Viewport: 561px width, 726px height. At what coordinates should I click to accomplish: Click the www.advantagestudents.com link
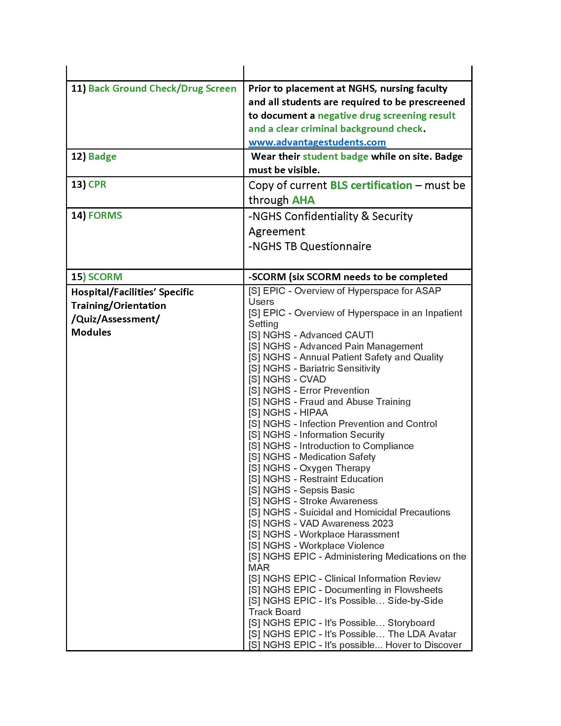(x=317, y=142)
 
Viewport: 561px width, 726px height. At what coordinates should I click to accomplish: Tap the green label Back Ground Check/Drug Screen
(x=162, y=88)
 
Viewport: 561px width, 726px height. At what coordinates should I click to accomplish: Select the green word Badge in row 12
(x=102, y=156)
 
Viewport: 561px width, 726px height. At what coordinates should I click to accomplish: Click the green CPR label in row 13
(x=97, y=184)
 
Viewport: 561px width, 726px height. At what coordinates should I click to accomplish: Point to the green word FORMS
(x=105, y=215)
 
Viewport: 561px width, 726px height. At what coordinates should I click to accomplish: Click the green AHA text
(x=303, y=200)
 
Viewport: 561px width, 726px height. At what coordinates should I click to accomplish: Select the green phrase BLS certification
(x=371, y=185)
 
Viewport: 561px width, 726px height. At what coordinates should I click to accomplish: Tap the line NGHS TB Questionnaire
(x=310, y=246)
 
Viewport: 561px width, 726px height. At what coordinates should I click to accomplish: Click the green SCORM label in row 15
(x=105, y=277)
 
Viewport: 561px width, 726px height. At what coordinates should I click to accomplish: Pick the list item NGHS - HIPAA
(x=288, y=412)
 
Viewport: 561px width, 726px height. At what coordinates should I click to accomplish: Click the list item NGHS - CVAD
(x=287, y=379)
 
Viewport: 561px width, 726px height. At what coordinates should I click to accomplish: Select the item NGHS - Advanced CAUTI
(x=311, y=335)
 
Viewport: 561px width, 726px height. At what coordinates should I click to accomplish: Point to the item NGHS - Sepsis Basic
(x=301, y=490)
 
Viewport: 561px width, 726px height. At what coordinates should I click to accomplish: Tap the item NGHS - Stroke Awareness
(x=313, y=501)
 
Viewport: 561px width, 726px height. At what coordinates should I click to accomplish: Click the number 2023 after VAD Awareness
(x=382, y=523)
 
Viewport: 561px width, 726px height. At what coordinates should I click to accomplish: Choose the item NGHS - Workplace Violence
(x=316, y=545)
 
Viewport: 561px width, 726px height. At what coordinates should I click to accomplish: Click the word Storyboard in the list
(x=411, y=623)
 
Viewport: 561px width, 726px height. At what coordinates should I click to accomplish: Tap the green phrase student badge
(x=335, y=156)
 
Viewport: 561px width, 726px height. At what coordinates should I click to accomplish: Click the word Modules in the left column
(x=91, y=332)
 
